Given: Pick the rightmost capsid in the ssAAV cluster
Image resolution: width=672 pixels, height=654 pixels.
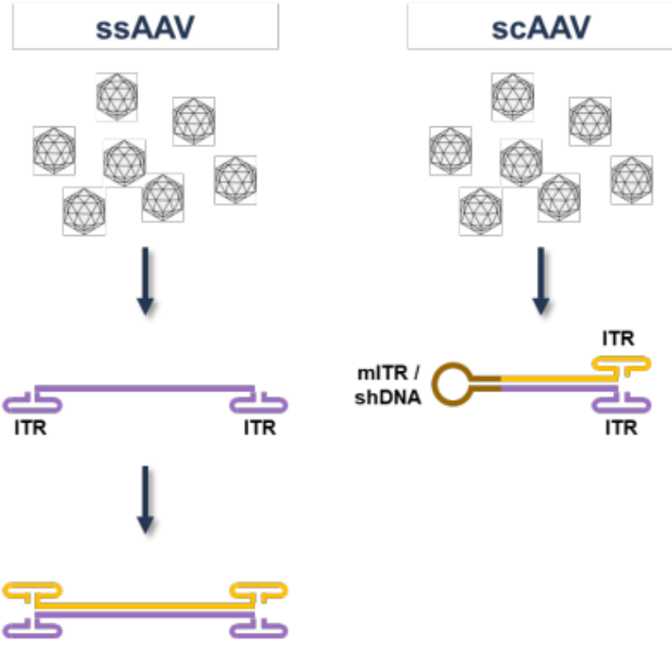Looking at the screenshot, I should pyautogui.click(x=235, y=179).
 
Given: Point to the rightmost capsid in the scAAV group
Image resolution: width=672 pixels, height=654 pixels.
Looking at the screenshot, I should pyautogui.click(x=631, y=179).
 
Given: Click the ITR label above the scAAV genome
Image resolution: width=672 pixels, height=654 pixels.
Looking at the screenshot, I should pyautogui.click(x=620, y=340).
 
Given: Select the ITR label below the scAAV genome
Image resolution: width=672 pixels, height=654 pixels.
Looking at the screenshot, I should pyautogui.click(x=620, y=428).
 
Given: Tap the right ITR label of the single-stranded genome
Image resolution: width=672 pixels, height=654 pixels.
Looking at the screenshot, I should pyautogui.click(x=259, y=428).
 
